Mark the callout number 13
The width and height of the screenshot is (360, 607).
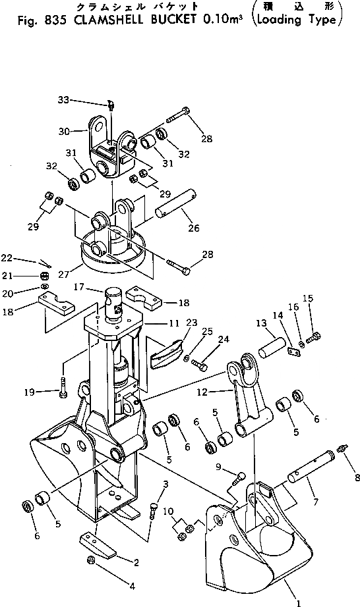click(261, 323)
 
